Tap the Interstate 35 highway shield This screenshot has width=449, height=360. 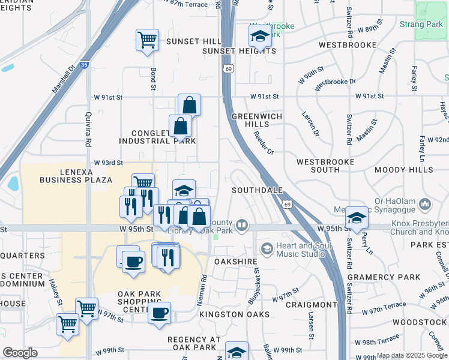pyautogui.click(x=85, y=64)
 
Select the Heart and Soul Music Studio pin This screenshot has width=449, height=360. pyautogui.click(x=267, y=247)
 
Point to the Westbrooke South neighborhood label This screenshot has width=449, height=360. pyautogui.click(x=325, y=166)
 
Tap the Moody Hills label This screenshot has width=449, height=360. pyautogui.click(x=403, y=170)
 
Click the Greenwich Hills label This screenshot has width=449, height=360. pyautogui.click(x=258, y=120)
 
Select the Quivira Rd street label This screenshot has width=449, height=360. pyautogui.click(x=88, y=133)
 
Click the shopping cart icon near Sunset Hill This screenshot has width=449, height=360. pyautogui.click(x=147, y=40)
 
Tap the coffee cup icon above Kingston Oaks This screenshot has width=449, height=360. pyautogui.click(x=159, y=313)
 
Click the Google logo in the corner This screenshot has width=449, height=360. pyautogui.click(x=20, y=352)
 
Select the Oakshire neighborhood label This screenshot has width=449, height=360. pyautogui.click(x=236, y=262)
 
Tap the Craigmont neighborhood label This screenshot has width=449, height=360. pyautogui.click(x=311, y=305)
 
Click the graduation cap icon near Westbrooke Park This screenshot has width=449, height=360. pyautogui.click(x=260, y=37)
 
